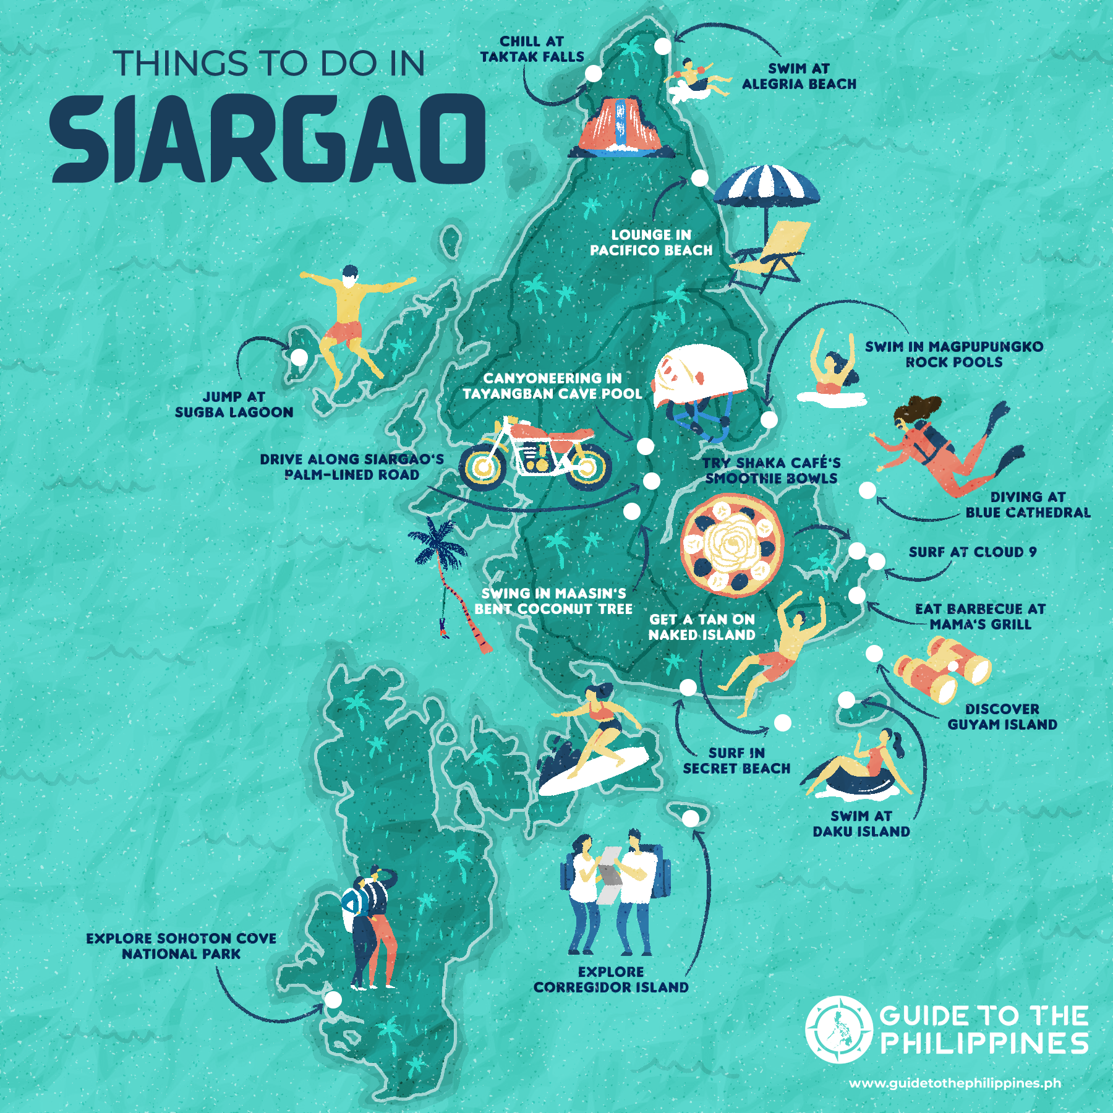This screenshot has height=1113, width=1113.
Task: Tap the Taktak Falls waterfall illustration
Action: (621, 127)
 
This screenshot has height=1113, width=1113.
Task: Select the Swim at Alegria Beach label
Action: (799, 76)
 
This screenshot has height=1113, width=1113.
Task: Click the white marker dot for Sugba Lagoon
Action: (299, 357)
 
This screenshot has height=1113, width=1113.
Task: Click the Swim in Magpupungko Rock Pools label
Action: (954, 354)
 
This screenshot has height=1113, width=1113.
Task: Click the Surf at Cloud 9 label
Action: (972, 552)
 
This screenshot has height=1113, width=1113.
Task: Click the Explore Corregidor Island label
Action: (611, 979)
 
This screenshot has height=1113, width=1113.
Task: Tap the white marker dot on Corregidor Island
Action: (691, 818)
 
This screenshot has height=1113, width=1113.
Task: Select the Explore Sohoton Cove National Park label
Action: (181, 946)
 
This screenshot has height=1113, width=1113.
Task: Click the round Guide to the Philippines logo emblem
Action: (839, 1030)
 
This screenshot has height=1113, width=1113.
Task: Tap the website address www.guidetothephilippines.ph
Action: (955, 1083)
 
